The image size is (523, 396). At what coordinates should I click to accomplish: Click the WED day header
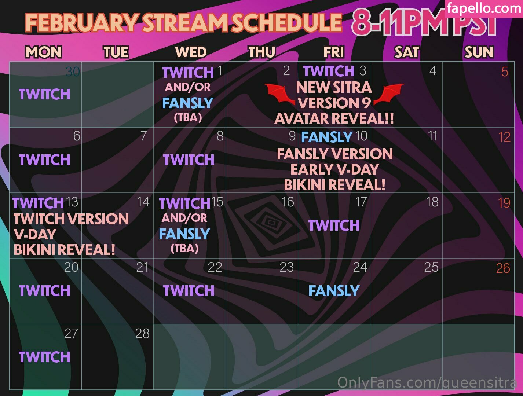click(191, 52)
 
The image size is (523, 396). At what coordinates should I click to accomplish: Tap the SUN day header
click(479, 52)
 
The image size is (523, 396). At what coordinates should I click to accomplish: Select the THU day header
click(262, 52)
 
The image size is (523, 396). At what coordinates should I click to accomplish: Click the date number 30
click(72, 71)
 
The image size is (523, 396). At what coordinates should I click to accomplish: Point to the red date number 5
click(505, 71)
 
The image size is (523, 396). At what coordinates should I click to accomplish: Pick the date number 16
click(288, 202)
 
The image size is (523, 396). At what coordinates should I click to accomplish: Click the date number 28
click(142, 333)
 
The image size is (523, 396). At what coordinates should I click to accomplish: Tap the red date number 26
click(503, 268)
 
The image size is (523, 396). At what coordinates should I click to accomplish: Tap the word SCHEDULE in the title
click(287, 23)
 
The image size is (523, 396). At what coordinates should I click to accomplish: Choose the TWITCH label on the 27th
click(44, 357)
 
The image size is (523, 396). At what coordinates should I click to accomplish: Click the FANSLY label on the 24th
click(334, 291)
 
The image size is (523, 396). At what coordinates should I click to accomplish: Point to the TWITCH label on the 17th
click(334, 225)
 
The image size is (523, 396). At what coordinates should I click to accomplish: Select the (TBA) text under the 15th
click(184, 248)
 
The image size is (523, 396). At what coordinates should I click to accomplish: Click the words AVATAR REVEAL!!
click(334, 118)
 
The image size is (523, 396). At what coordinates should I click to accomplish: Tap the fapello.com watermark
click(484, 8)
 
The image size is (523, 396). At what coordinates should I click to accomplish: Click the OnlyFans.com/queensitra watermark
click(427, 382)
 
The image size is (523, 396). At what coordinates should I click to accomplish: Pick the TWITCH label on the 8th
click(189, 159)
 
